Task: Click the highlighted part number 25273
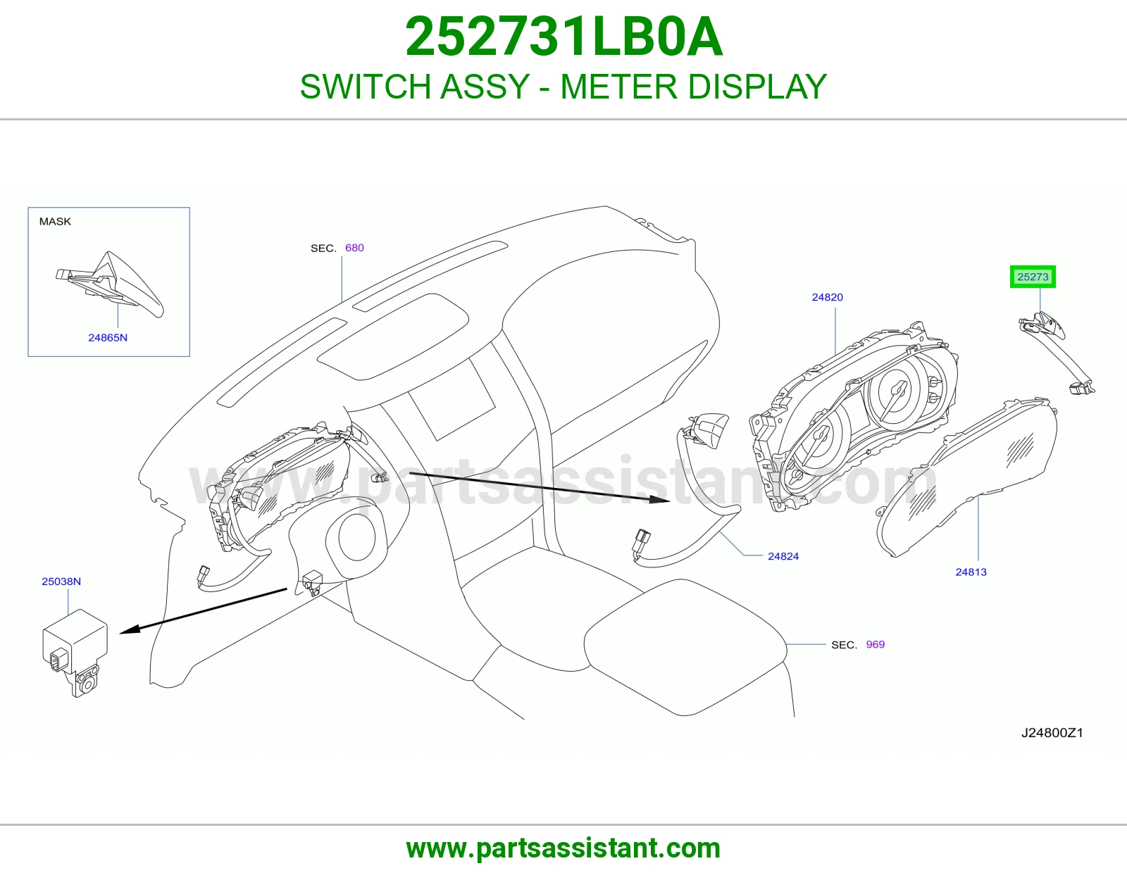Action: [x=1033, y=277]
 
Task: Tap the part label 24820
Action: [x=827, y=297]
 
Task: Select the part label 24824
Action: [x=783, y=556]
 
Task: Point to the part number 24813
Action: [x=971, y=572]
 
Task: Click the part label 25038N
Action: [x=61, y=581]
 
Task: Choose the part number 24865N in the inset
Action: [x=108, y=337]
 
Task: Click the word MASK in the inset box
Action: [x=55, y=221]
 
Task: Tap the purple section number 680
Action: [x=355, y=248]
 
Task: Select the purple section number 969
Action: [x=876, y=644]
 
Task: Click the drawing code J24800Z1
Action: [x=1052, y=732]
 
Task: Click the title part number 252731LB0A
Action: [x=563, y=37]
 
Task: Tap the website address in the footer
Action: [x=563, y=848]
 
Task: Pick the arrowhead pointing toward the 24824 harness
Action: [x=660, y=499]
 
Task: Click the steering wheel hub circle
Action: [x=357, y=537]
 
